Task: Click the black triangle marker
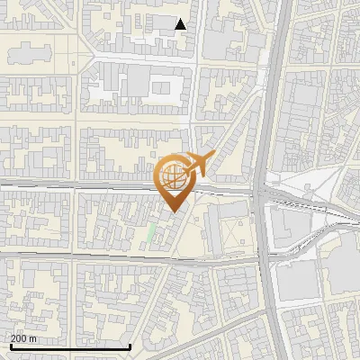pyautogui.click(x=181, y=24)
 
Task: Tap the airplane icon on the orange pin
pyautogui.click(x=200, y=164)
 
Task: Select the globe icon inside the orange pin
pyautogui.click(x=174, y=179)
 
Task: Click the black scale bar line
pyautogui.click(x=70, y=346)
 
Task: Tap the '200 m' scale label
pyautogui.click(x=24, y=338)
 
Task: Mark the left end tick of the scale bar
pyautogui.click(x=10, y=345)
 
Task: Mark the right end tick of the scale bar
pyautogui.click(x=130, y=345)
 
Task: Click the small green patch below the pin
pyautogui.click(x=151, y=232)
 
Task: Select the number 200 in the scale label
pyautogui.click(x=20, y=338)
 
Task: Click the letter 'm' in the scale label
pyautogui.click(x=33, y=339)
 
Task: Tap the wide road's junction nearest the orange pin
pyautogui.click(x=261, y=191)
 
